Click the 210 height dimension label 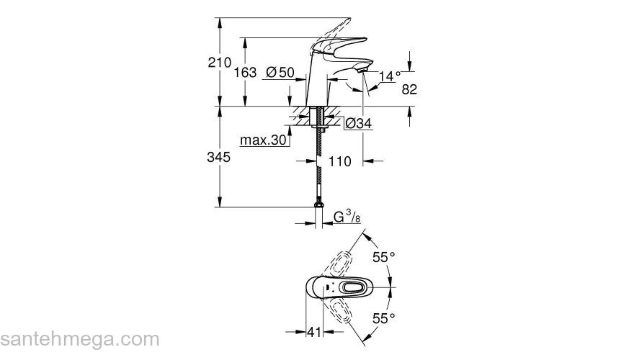point(220,63)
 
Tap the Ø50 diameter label point(280,72)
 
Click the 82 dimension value point(409,89)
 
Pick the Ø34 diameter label point(358,124)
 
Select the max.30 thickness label point(263,140)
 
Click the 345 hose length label point(220,158)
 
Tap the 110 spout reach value point(339,161)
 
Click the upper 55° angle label point(384,256)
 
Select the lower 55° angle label point(384,318)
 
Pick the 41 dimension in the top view point(313,332)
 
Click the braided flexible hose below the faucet point(317,169)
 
